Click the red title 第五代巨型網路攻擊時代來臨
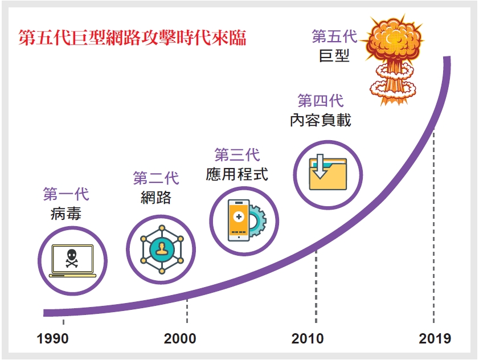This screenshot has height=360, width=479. coord(132,38)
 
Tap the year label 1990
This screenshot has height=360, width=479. coord(52,338)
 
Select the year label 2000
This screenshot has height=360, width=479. coord(180,338)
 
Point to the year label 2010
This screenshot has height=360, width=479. coord(308,338)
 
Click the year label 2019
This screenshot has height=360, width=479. coord(435,338)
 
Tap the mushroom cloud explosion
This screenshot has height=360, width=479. coord(393,60)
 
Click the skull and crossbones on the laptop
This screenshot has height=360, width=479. coord(72,259)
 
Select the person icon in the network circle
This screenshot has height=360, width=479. coord(161,248)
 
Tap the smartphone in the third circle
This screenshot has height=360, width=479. coord(239,220)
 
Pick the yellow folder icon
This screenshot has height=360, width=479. coord(328,174)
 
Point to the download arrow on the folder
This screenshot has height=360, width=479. coord(320,166)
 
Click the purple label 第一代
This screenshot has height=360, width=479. coord(66,194)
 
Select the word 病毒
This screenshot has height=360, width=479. coord(66,213)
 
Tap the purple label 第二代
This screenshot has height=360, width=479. coord(156,178)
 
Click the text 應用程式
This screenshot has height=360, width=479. coord(237,174)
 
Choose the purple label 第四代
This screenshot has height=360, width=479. coord(321,101)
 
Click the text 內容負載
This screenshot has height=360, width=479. coord(321,120)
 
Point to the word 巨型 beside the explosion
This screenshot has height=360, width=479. coord(334,56)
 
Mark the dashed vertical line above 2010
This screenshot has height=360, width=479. coord(316,287)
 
